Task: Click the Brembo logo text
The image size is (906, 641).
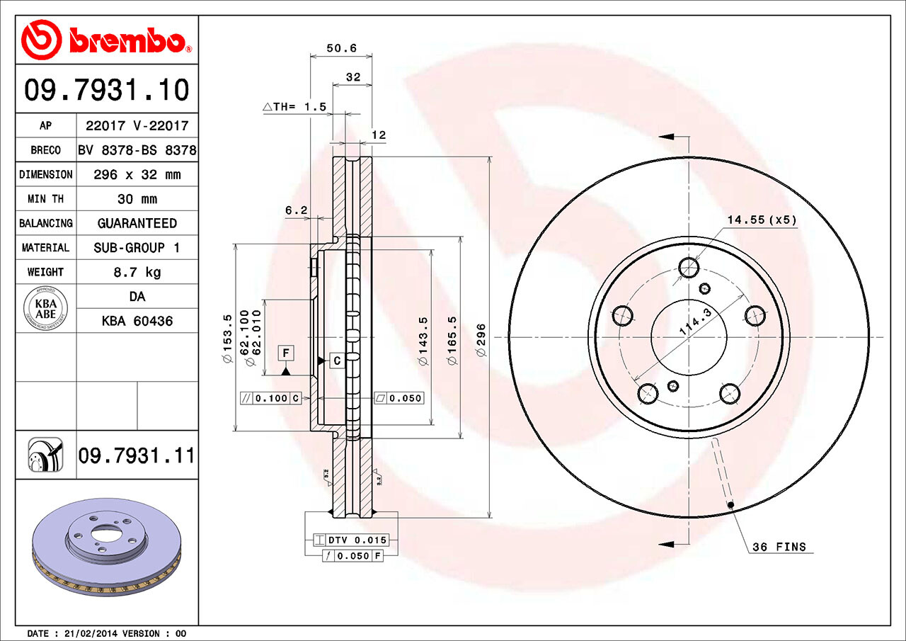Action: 127,41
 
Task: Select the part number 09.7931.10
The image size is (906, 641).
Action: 107,90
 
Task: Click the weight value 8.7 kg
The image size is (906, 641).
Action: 137,272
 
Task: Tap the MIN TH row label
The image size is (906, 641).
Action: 45,199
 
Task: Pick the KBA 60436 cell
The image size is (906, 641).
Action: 137,321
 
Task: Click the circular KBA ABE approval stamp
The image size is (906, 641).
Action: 45,308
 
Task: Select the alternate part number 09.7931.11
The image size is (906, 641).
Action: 136,455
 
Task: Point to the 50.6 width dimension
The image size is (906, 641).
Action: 340,49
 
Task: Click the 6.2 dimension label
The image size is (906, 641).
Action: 296,210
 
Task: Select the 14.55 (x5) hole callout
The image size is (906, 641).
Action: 762,220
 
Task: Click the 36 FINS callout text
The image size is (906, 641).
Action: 779,547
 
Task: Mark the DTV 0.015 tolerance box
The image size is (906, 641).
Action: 351,540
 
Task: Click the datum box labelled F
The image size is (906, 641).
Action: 286,353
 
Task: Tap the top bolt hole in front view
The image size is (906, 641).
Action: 689,267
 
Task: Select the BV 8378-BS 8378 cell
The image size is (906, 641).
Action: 137,150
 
